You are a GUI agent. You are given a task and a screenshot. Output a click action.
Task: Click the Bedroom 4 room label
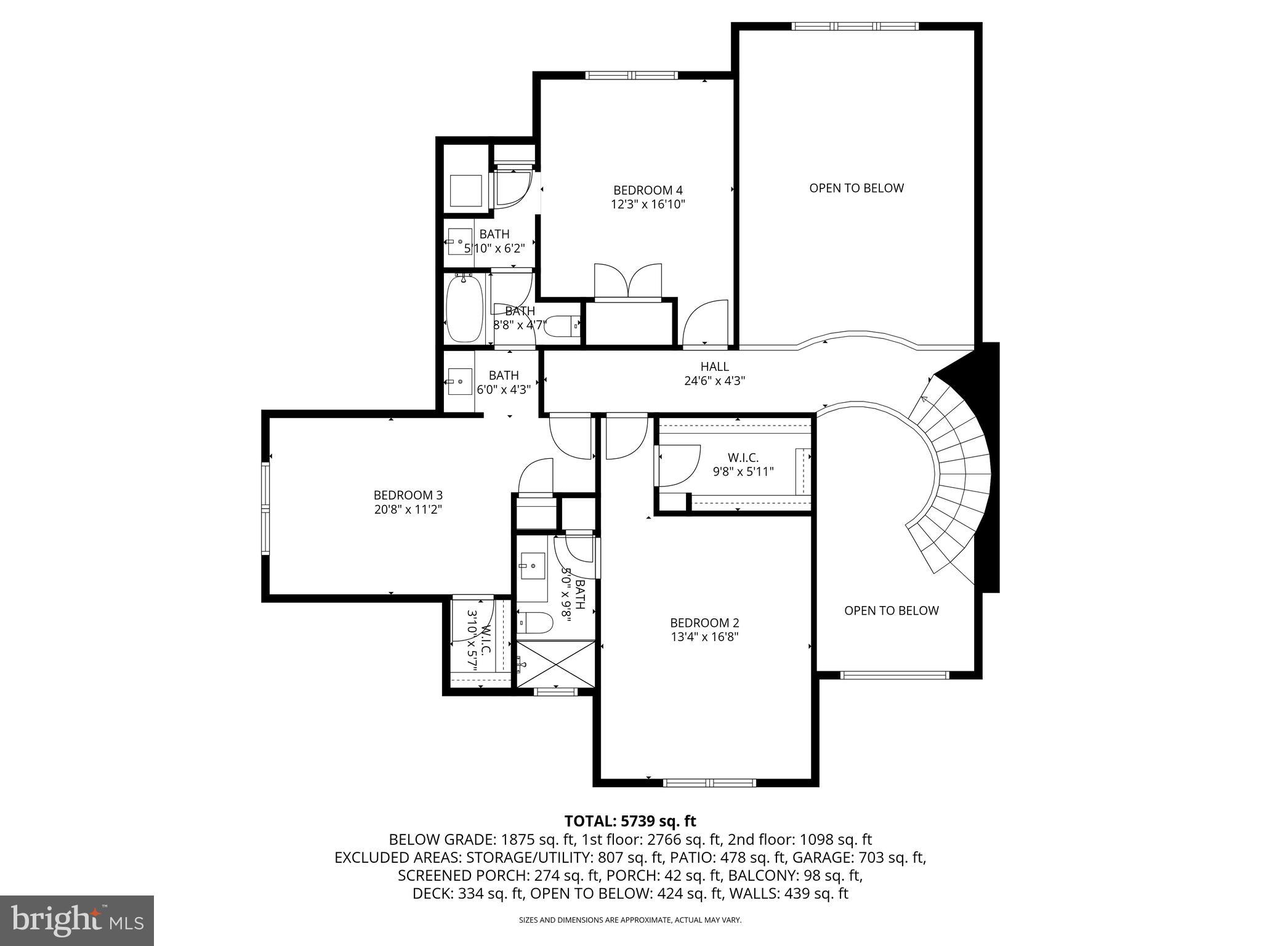648,190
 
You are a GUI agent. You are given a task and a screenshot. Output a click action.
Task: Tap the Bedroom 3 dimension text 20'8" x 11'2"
408,509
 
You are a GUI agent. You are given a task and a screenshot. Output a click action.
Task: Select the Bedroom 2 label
704,623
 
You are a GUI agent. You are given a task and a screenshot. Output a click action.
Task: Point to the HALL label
714,366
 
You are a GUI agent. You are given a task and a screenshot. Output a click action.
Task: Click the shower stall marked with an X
556,664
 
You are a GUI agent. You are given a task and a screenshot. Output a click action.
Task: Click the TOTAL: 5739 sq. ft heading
630,821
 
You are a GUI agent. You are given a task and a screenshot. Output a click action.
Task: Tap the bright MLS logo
77,920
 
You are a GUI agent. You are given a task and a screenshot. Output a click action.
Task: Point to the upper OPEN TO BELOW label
856,188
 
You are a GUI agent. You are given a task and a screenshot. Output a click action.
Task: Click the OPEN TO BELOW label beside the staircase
891,610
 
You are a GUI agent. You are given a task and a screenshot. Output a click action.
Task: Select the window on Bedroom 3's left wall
266,509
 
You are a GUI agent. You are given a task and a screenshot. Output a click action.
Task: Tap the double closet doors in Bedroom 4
628,281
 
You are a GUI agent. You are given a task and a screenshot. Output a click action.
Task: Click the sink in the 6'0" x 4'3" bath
459,381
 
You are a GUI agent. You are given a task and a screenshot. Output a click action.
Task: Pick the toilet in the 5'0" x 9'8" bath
534,622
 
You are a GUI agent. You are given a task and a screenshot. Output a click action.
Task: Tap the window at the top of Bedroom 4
631,75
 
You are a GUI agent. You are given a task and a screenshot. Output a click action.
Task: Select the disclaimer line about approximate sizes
630,920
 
